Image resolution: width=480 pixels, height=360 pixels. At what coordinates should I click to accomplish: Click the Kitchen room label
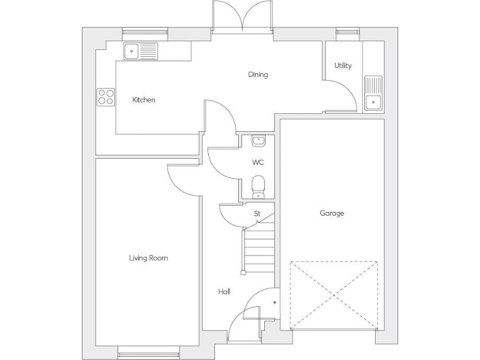pos(144,100)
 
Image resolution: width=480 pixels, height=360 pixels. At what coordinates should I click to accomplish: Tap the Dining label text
pos(257,75)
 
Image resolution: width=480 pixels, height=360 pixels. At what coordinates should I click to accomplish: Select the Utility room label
pos(342,66)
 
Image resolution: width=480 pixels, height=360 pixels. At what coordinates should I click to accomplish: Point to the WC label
pos(258,162)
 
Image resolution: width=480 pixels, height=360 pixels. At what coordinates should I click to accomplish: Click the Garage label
pos(332,213)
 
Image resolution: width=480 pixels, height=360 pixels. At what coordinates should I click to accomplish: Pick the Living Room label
pos(148,257)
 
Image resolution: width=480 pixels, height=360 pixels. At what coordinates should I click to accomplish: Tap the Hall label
pos(224,292)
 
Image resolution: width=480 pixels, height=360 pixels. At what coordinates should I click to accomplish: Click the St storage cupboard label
pos(257,214)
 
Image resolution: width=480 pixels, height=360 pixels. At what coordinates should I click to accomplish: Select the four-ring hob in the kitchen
pos(106,97)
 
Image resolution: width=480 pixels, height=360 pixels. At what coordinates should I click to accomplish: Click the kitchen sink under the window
pos(141,51)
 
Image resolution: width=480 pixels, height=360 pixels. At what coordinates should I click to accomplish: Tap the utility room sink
pos(374,93)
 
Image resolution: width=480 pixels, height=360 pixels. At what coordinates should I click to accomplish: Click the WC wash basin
pos(258,141)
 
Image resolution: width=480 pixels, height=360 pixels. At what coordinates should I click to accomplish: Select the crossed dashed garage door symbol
pos(334,294)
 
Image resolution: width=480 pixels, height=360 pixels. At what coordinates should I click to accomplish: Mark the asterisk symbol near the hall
pos(274,304)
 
